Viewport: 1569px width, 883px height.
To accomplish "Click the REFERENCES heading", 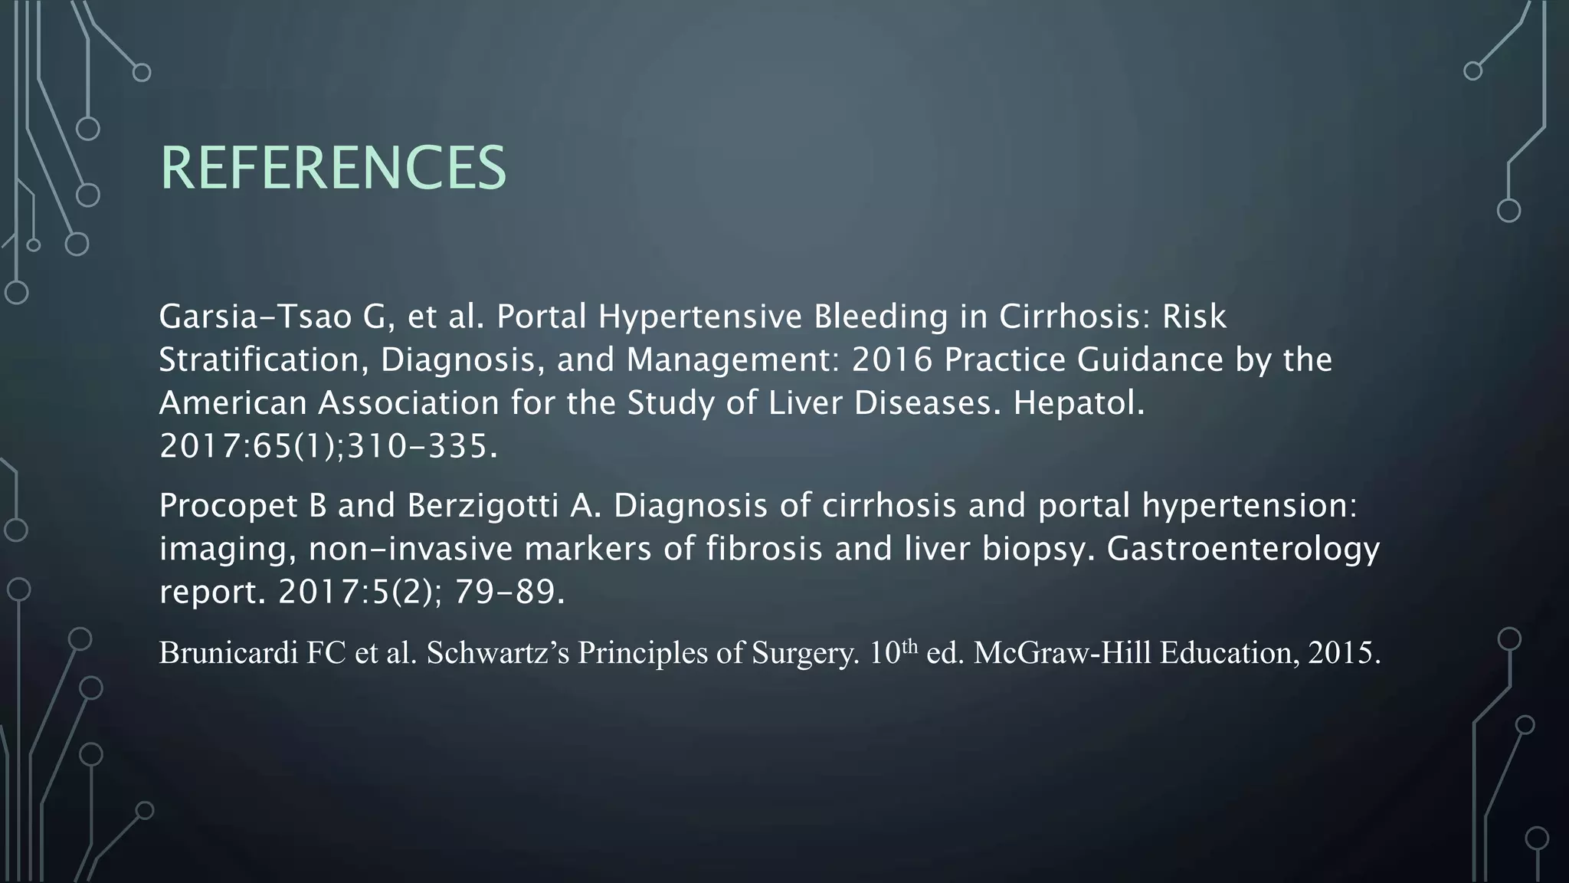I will (332, 168).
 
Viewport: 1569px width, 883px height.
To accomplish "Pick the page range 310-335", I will (422, 446).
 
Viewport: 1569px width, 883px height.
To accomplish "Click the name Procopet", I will (228, 505).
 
